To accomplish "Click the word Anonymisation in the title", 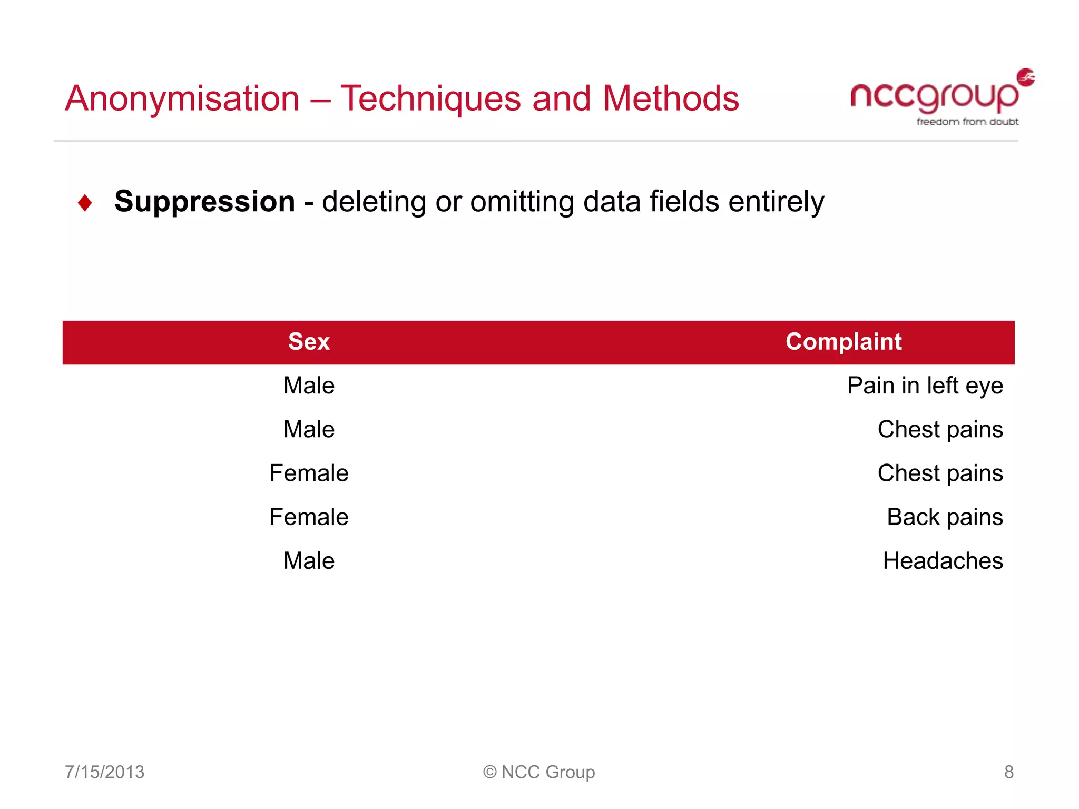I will click(182, 98).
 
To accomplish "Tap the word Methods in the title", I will click(670, 98).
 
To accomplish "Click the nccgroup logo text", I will click(934, 96).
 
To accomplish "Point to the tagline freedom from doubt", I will click(967, 122).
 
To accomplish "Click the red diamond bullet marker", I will click(85, 203).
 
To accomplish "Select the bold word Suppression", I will click(204, 202).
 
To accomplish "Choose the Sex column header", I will click(309, 342).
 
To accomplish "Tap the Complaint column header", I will click(843, 342).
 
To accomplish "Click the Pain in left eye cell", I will click(925, 386).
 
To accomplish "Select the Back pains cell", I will click(944, 517).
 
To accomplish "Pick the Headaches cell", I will click(943, 561).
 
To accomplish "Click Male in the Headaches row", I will click(309, 561).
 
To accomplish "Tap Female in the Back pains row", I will click(309, 517).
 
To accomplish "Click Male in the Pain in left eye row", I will click(309, 386).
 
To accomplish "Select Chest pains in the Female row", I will click(940, 473).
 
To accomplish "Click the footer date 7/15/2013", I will click(104, 772).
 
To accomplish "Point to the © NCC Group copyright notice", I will click(539, 772).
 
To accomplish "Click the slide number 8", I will click(1008, 772).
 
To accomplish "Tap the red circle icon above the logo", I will click(1025, 77).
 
